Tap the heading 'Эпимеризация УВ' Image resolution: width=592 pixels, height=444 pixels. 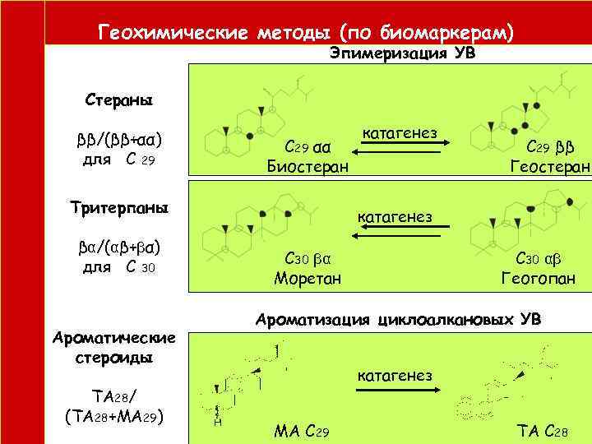(402, 53)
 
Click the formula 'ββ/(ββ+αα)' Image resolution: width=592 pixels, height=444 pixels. (118, 136)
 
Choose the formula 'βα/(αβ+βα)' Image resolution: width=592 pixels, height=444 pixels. (118, 247)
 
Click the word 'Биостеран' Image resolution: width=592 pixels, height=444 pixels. (308, 167)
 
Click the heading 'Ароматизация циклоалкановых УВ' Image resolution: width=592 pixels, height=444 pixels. (399, 319)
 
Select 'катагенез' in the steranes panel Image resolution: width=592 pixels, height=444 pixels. (399, 132)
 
